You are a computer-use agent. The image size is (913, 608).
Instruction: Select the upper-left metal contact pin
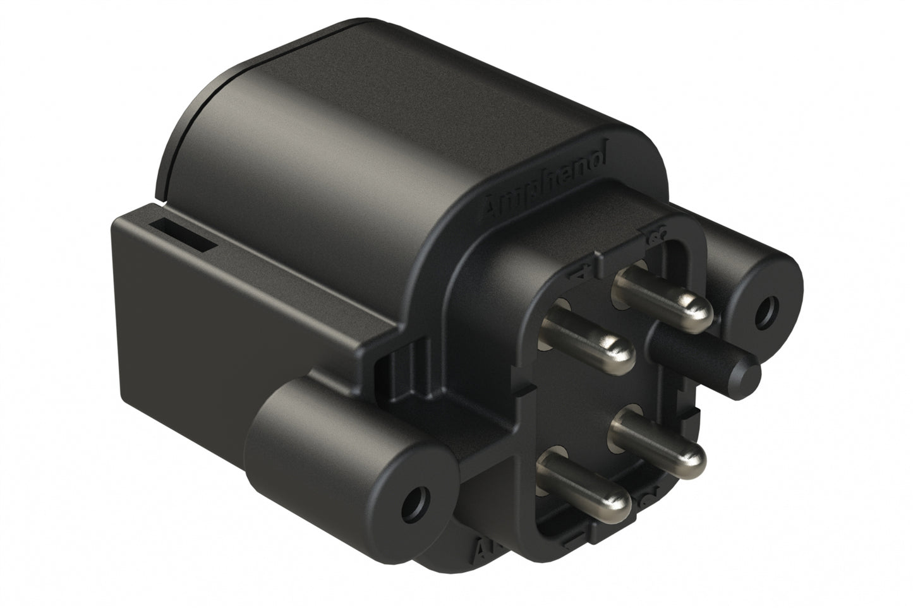coord(588,335)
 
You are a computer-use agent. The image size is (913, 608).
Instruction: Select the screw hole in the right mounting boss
coord(769,309)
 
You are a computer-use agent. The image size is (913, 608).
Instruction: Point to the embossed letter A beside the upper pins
coord(582,275)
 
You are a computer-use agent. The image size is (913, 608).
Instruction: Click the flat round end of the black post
coord(749,374)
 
